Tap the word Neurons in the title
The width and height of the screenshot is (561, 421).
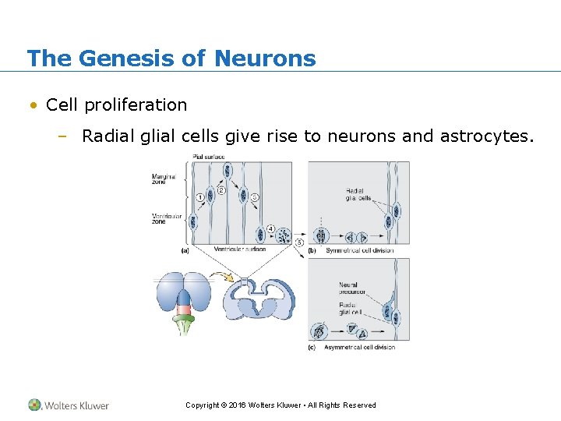point(265,58)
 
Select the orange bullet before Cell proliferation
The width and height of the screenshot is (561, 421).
point(34,105)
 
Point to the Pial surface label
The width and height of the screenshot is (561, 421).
point(208,157)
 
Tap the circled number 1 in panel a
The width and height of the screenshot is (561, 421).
point(200,197)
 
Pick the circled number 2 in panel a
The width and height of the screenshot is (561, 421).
point(221,189)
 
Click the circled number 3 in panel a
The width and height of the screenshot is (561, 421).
point(255,197)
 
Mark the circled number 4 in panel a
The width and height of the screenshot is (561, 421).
point(270,228)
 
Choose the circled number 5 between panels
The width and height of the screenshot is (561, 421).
point(300,242)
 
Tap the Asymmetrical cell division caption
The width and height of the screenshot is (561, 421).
point(361,347)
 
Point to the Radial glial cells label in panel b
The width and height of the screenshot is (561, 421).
point(356,194)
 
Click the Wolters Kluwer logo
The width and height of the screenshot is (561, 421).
point(69,405)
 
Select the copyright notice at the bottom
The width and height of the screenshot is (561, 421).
point(280,405)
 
